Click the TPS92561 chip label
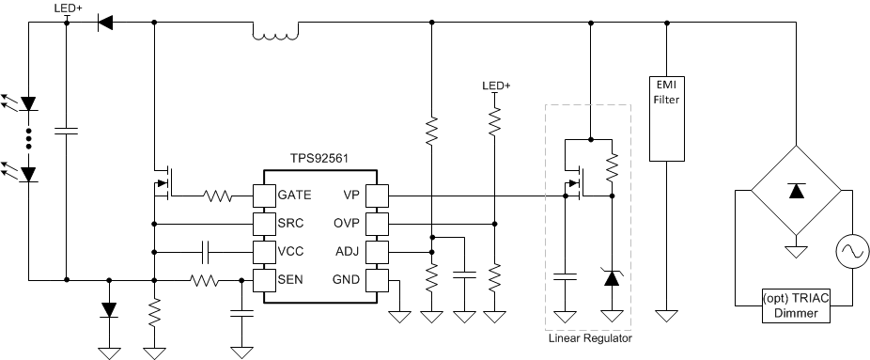coord(319,160)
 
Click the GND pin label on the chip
coord(344,279)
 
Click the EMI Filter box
coord(665,117)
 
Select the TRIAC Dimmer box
coord(796,305)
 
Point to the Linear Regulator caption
coord(590,338)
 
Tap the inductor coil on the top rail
coord(275,35)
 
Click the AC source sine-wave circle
coord(852,252)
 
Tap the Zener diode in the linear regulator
coord(612,277)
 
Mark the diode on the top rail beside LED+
coord(105,22)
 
